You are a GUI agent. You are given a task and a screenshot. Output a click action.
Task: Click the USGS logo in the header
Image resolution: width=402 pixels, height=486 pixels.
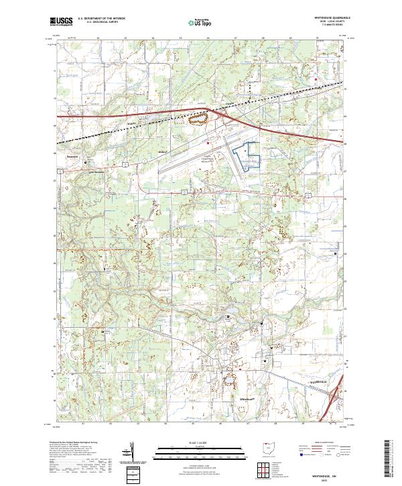pos(61,21)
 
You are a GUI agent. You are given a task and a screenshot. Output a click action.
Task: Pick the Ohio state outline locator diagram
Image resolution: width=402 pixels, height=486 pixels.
pos(269,447)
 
